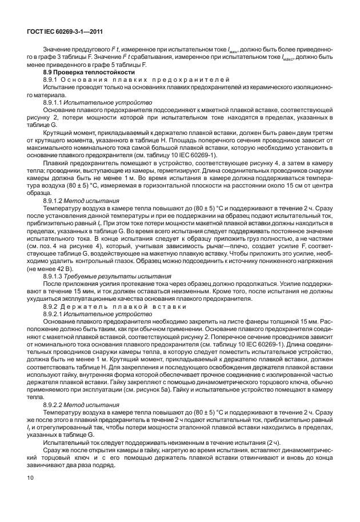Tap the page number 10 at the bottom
point(29,493)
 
